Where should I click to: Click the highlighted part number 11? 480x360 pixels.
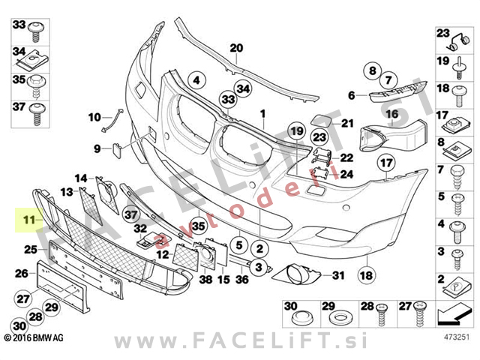(x=28, y=220)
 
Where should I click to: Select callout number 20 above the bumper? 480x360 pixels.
(x=237, y=49)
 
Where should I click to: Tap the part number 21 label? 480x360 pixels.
(x=346, y=123)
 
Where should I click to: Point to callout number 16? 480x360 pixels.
(x=391, y=114)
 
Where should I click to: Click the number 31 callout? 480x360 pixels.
(x=337, y=276)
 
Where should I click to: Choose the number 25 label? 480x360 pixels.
(x=31, y=250)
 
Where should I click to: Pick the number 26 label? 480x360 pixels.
(x=22, y=274)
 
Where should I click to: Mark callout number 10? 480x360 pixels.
(x=94, y=117)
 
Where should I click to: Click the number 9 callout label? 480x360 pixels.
(x=97, y=149)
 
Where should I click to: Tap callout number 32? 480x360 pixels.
(x=140, y=229)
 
